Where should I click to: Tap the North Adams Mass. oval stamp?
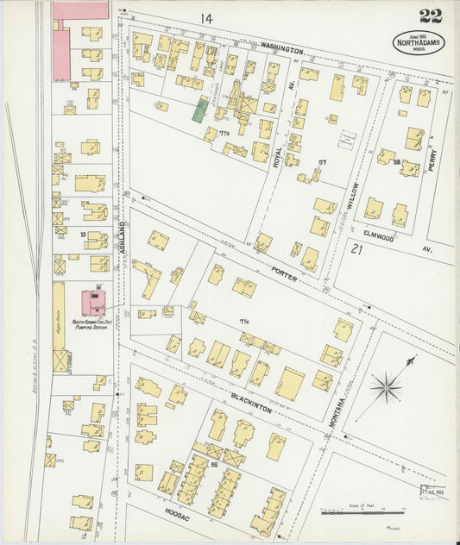(x=419, y=42)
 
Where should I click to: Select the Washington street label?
(x=281, y=50)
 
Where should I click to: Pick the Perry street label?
(x=432, y=159)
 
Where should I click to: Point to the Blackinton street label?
(x=251, y=402)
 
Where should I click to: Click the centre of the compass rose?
(x=385, y=385)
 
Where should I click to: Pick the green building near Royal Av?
(x=200, y=110)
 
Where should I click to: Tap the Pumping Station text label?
(x=93, y=326)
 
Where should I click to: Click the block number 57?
(x=322, y=162)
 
